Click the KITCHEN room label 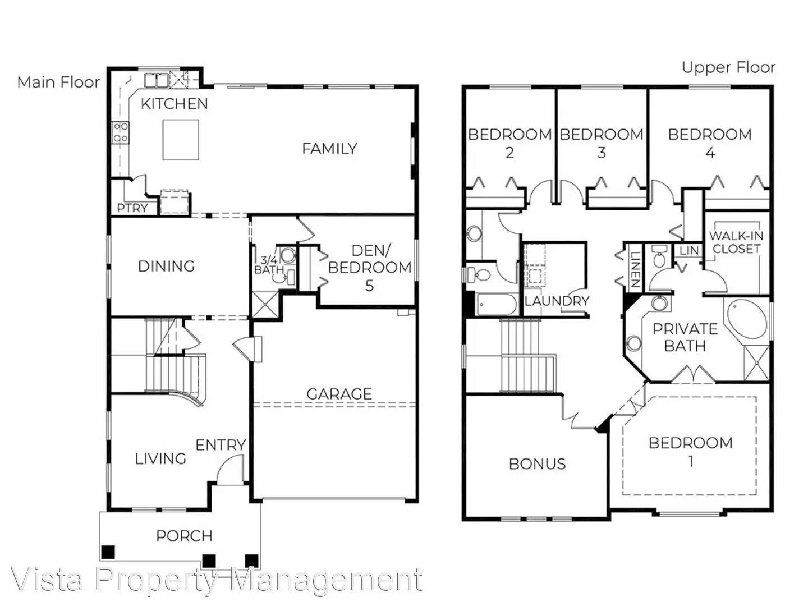174,104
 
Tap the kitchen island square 181,140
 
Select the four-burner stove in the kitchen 121,132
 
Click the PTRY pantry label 132,208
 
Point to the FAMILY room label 329,149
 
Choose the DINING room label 166,266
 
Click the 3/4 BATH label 269,265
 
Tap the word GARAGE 339,394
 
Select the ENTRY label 221,445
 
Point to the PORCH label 184,536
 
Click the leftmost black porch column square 108,552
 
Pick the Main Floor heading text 58,82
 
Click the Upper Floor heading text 728,68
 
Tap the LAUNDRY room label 557,301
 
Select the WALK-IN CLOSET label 736,242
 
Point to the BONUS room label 537,464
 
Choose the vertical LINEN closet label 635,269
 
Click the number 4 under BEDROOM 710,153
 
